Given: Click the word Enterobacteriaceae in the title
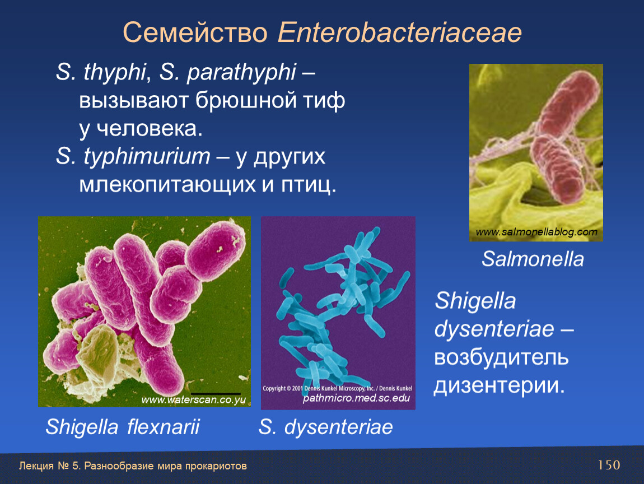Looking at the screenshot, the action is coord(400,32).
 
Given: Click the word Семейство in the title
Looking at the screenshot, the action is coord(195,32).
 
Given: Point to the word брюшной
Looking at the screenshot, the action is coord(246,100).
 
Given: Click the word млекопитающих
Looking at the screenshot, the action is coord(167,185).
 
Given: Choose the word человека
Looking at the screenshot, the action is coord(150,129).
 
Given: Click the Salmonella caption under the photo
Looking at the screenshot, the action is coord(533,259).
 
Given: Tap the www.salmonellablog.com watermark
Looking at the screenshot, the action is coord(536,232).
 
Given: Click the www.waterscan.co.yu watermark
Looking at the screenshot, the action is coord(194,400).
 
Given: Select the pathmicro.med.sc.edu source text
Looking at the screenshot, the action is coord(356,398).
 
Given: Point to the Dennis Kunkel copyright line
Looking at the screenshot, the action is coord(337,388).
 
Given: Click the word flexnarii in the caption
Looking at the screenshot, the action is coord(163,426).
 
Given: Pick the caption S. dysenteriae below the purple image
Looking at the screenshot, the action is coord(325,427).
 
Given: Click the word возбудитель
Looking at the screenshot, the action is coord(501,357).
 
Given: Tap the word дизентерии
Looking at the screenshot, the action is coord(500,386).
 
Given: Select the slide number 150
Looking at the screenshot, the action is coord(609,465).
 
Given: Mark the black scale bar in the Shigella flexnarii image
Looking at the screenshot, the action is coord(216,394).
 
